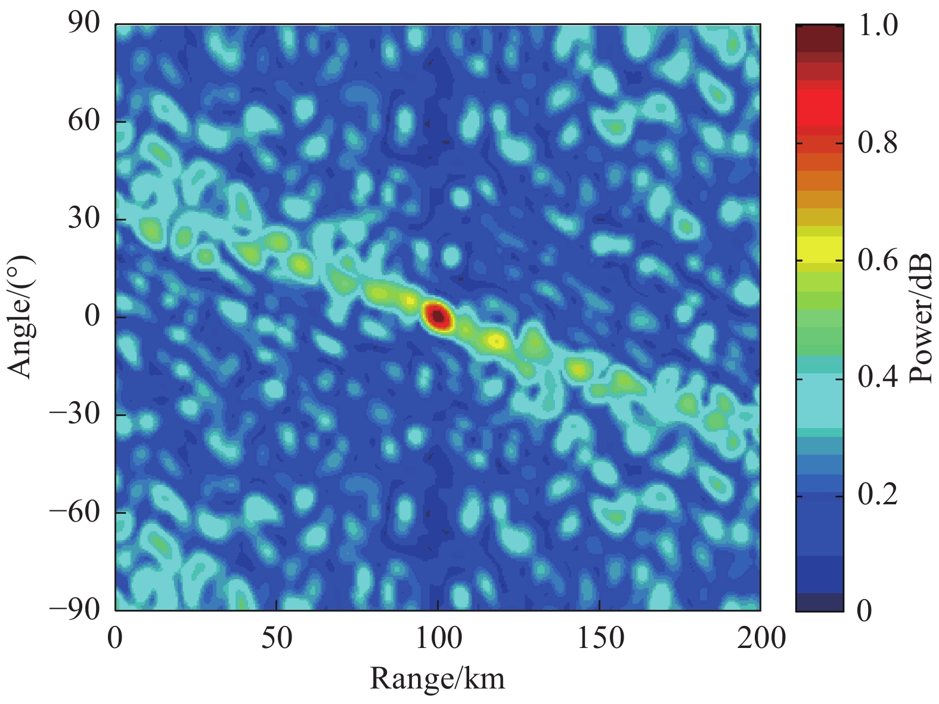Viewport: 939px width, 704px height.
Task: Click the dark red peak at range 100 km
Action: tap(438, 315)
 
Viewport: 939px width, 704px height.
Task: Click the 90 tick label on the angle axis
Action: tap(83, 25)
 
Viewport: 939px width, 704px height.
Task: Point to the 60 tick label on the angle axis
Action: tap(83, 122)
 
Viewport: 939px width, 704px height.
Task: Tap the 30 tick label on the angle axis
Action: tap(83, 219)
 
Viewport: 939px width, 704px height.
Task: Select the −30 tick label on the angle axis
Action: tap(74, 415)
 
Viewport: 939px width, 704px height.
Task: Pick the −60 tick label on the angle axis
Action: tap(74, 512)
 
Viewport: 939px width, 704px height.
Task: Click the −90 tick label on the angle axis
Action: tap(74, 610)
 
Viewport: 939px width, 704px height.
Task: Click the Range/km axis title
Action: tap(438, 678)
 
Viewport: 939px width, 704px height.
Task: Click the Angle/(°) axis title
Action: tap(21, 317)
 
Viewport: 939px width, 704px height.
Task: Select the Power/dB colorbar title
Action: tap(922, 317)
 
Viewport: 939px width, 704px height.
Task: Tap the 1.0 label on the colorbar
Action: tap(878, 26)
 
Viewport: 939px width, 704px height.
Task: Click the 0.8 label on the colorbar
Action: tap(878, 144)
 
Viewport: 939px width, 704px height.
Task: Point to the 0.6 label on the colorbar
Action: tap(878, 261)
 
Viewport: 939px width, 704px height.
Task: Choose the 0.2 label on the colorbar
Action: tap(878, 495)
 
